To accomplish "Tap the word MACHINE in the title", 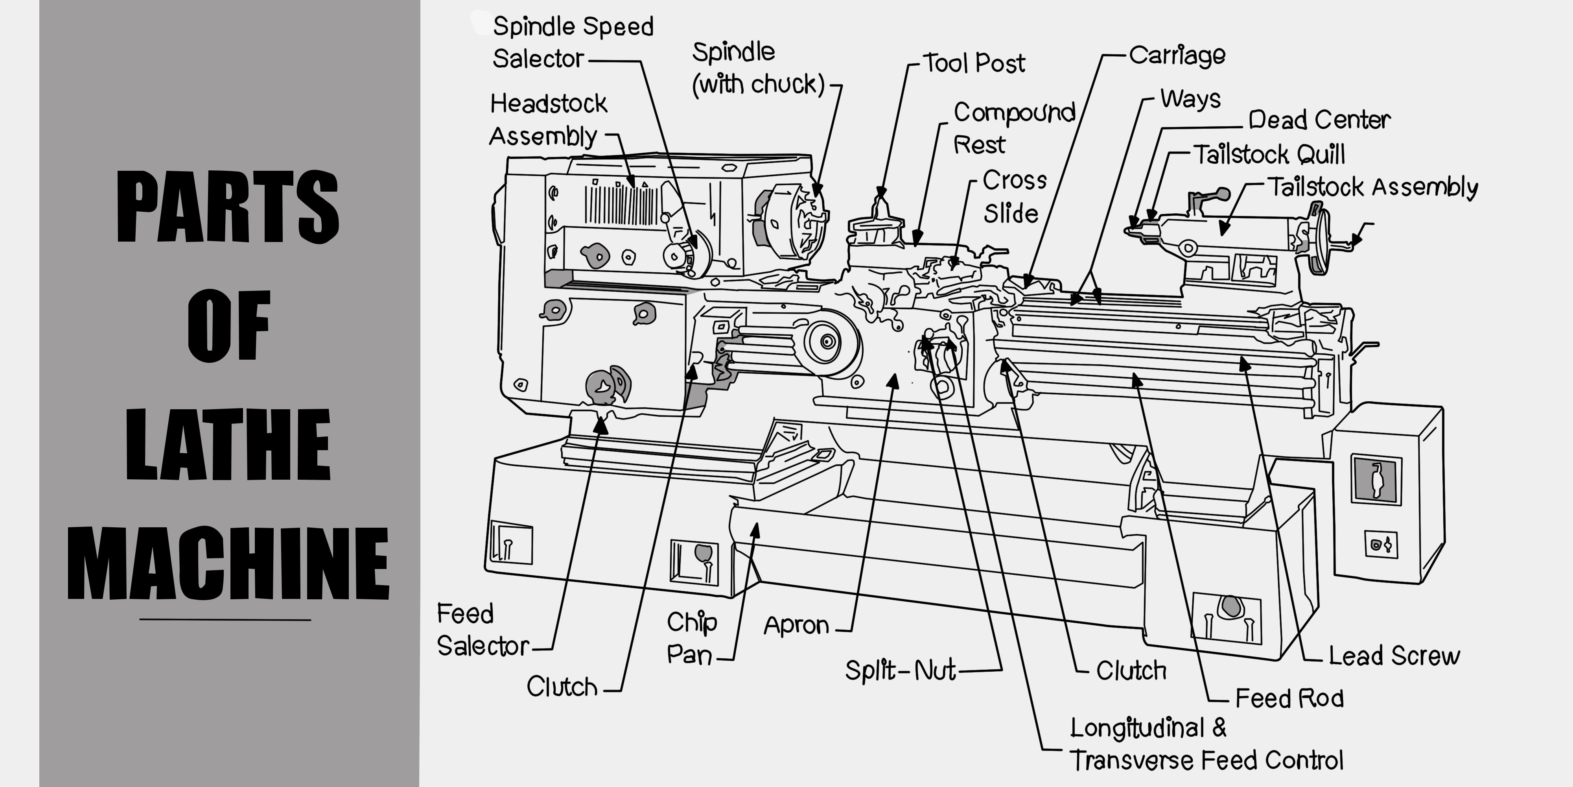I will (x=227, y=563).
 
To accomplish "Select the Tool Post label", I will (x=973, y=63).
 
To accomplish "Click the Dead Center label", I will (x=1319, y=119).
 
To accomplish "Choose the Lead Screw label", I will (x=1394, y=656).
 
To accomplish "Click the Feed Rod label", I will (x=1289, y=698).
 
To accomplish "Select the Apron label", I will (x=796, y=625).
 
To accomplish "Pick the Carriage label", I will (x=1177, y=55).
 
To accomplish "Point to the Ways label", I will (x=1190, y=98).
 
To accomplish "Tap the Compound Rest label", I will (x=1014, y=128).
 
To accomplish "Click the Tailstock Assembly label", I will (x=1372, y=187).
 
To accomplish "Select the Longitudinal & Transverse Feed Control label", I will (x=1206, y=744).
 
